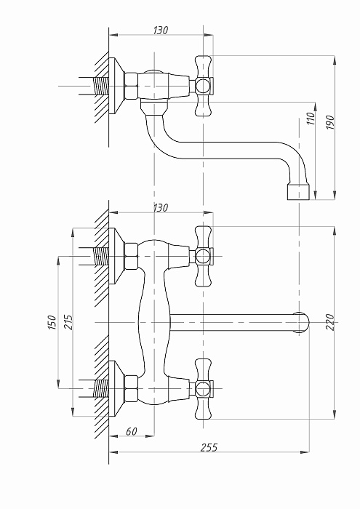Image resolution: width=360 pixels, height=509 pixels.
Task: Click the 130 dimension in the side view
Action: coord(161,31)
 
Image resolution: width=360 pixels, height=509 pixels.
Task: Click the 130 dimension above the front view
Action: coord(161,207)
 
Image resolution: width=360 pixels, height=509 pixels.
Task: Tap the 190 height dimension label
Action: coord(330,122)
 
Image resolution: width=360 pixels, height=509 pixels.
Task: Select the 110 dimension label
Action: coord(311,119)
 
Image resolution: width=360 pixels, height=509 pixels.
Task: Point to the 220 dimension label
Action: coord(330,322)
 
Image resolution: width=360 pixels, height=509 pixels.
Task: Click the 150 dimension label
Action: coord(52,322)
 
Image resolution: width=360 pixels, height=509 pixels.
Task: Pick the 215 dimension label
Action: coord(68,322)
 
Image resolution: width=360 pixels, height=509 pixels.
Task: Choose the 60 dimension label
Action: coord(132,431)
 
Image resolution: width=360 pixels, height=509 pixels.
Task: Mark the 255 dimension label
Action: coord(209,448)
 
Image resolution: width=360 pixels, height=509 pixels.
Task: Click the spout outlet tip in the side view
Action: coord(298,192)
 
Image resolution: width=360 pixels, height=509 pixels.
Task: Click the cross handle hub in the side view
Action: coord(203,86)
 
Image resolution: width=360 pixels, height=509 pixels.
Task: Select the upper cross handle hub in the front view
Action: coord(203,256)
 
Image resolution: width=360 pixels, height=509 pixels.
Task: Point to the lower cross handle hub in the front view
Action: coord(203,388)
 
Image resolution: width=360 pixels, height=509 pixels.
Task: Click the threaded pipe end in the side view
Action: coord(100,86)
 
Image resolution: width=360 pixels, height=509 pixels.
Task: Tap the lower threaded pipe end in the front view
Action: coord(100,388)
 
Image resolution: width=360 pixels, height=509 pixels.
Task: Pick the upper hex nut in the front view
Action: coord(132,256)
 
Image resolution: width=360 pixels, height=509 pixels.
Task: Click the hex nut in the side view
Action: coord(132,86)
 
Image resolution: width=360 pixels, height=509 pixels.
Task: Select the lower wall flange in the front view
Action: coord(116,388)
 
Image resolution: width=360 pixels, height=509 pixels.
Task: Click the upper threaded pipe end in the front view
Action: coord(100,256)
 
